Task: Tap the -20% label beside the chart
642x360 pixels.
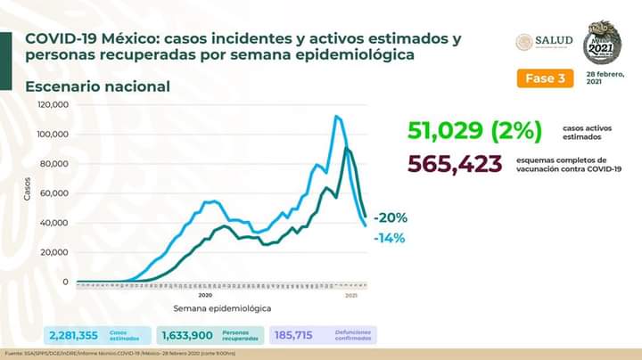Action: click(390, 217)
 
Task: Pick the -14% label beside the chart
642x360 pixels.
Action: click(390, 238)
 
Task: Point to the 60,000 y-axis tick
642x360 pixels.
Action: click(56, 193)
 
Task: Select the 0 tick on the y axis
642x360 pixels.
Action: click(65, 282)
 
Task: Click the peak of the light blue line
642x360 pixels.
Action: click(337, 116)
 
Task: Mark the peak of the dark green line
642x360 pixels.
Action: click(346, 148)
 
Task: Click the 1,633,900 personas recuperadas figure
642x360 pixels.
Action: click(186, 334)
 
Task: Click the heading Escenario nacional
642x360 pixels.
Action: click(97, 86)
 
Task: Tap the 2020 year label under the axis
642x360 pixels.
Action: click(204, 294)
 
